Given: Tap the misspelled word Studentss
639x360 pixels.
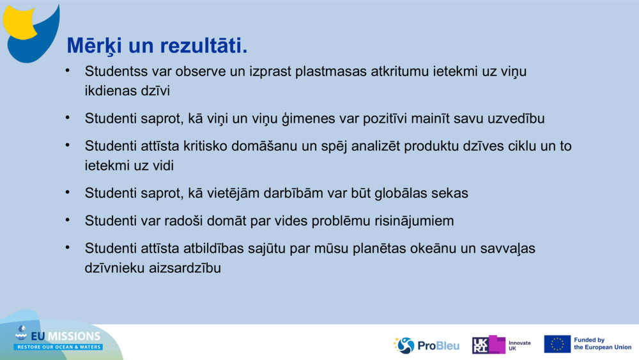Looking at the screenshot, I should (116, 71).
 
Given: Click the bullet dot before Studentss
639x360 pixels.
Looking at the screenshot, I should (67, 70).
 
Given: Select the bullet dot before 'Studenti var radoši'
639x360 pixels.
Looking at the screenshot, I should (67, 220).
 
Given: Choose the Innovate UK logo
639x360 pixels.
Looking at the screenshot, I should (502, 345).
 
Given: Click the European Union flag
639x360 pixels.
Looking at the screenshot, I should (557, 344).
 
